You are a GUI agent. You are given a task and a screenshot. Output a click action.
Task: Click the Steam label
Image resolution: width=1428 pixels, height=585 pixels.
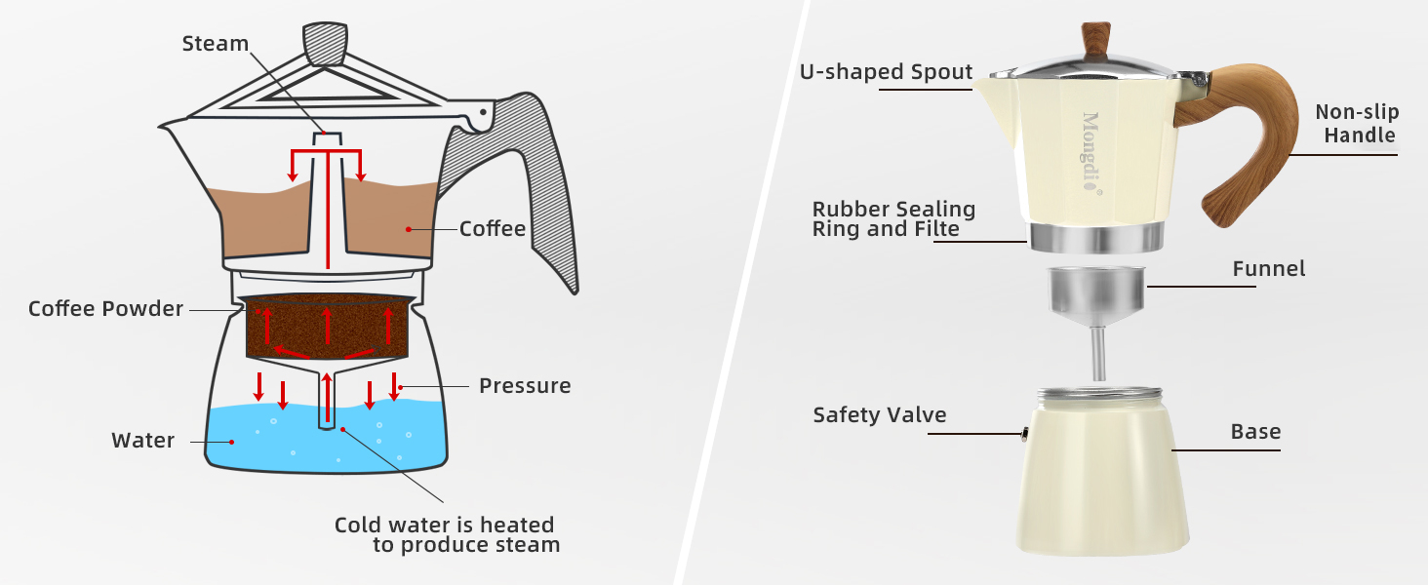(216, 44)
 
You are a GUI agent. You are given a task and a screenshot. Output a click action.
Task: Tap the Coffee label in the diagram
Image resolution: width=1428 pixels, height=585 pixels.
(493, 229)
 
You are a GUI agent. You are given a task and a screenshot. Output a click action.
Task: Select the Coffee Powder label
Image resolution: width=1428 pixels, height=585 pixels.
(105, 309)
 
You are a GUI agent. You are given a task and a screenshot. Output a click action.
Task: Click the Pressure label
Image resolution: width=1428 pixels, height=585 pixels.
(525, 386)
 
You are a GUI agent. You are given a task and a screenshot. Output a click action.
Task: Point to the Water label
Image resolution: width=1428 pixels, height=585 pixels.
(143, 441)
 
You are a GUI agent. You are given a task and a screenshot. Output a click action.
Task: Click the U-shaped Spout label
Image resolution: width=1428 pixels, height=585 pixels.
(886, 72)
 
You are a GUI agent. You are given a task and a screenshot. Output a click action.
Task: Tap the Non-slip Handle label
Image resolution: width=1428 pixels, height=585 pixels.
(1355, 123)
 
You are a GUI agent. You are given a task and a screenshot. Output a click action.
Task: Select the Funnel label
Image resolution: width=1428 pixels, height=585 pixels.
(1268, 268)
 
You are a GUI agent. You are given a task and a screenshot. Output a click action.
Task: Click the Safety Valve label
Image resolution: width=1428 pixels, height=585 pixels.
(880, 415)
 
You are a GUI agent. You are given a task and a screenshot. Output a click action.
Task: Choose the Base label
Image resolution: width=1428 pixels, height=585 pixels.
(1255, 432)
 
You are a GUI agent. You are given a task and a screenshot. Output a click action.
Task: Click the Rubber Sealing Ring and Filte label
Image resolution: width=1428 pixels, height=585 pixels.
(893, 219)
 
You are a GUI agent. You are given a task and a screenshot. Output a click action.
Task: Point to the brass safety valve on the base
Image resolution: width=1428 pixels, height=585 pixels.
(1025, 435)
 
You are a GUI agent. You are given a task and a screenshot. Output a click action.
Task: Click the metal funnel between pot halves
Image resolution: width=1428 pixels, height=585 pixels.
(1094, 292)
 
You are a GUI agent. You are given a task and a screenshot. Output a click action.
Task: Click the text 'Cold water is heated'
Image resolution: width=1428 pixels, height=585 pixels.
(444, 525)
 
